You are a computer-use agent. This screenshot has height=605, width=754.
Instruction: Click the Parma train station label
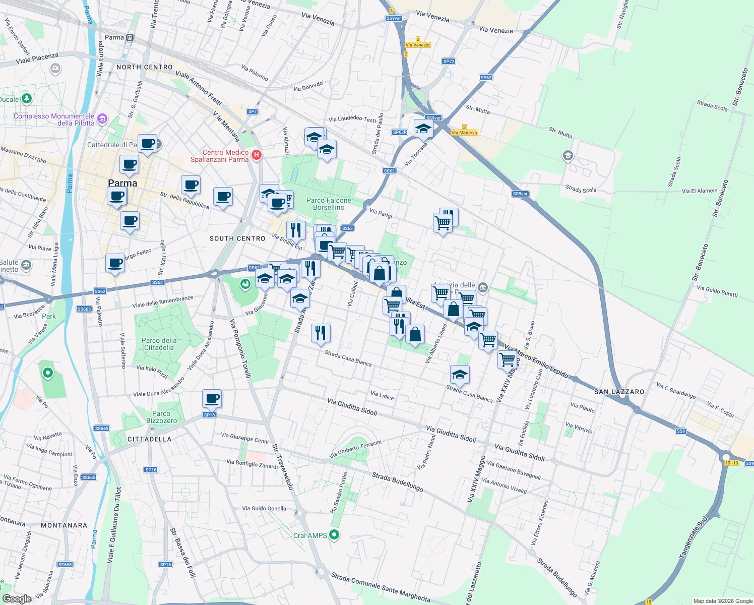(114, 37)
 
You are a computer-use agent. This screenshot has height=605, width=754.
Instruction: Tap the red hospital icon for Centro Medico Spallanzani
(256, 155)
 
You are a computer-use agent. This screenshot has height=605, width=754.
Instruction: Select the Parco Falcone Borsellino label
(329, 204)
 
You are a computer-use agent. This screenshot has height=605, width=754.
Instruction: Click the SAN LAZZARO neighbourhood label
(619, 392)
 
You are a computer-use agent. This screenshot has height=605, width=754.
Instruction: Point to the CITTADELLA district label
(149, 439)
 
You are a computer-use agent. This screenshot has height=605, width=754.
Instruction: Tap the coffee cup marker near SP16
(212, 399)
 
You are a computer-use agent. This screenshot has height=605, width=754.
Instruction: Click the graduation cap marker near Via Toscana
(423, 129)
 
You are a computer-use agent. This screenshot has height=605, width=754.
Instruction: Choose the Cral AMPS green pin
(334, 535)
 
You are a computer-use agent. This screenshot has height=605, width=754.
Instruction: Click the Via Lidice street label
(382, 396)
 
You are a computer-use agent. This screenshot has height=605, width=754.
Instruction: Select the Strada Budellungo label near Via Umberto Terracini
(397, 482)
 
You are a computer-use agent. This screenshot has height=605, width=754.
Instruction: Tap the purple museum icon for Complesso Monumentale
(102, 119)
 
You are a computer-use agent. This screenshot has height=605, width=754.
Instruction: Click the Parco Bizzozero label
(161, 417)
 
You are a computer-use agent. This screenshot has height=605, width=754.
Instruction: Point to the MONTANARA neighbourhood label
(64, 525)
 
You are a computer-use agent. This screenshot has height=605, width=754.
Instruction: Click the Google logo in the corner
(17, 598)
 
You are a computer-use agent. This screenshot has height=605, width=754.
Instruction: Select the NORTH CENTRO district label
(144, 67)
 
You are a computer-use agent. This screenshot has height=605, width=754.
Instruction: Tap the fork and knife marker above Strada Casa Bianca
(321, 333)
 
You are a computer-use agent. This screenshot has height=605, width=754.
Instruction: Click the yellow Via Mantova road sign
(464, 133)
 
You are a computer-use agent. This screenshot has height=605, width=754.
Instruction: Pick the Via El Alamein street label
(699, 191)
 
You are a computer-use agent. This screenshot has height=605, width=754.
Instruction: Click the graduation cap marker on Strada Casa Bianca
(460, 375)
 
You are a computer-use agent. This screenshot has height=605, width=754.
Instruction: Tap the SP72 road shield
(449, 62)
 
